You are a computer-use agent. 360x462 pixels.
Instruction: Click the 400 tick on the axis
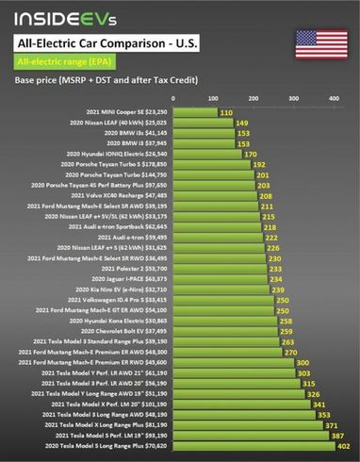(333, 98)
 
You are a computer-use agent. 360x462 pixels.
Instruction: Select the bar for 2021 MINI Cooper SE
(194, 112)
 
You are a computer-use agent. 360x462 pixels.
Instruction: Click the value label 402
(343, 446)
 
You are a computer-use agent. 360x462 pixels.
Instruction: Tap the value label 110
(225, 112)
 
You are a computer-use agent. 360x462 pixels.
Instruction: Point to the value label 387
(336, 436)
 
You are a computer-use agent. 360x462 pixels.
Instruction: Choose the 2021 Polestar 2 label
(131, 269)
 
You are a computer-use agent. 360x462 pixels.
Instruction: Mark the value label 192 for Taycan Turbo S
(258, 164)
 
